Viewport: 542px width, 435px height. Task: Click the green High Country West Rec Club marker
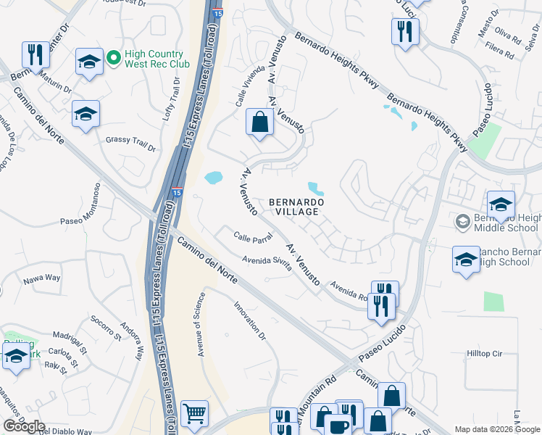point(114,56)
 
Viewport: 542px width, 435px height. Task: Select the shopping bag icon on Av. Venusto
point(259,123)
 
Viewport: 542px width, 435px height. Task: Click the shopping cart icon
point(195,414)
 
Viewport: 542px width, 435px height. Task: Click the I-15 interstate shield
point(177,192)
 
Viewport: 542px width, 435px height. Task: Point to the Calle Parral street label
point(252,237)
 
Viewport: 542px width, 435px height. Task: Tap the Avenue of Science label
point(202,325)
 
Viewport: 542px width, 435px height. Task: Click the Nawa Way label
point(41,278)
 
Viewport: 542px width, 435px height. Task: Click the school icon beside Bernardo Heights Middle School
point(501,205)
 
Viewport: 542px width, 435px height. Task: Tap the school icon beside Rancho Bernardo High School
point(466,260)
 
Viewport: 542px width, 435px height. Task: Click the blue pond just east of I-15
point(213,177)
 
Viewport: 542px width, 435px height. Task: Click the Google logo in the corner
point(23,426)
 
